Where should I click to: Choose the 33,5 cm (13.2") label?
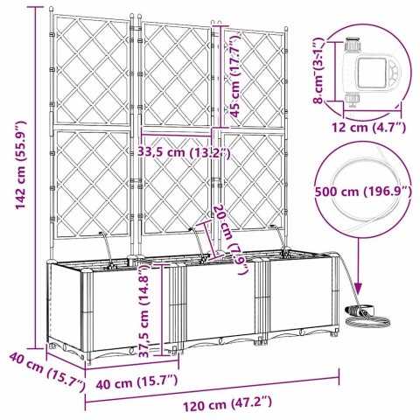click(x=185, y=152)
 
